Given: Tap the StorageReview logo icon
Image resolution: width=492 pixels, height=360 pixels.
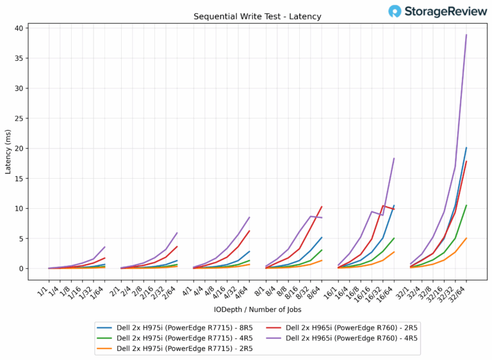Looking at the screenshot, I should coord(395,11).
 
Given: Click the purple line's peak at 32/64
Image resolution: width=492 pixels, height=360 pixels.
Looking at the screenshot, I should coord(466,35).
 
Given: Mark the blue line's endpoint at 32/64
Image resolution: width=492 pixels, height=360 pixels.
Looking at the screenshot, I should coord(466,148).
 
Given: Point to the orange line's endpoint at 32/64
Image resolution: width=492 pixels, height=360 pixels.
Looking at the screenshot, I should coord(466,238).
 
